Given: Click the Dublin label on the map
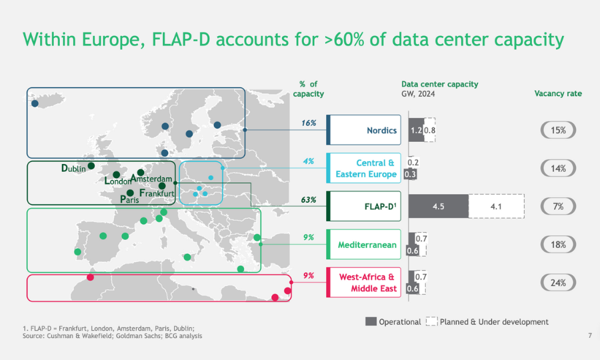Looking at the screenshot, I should (x=73, y=169).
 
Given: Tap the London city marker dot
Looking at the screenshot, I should (x=117, y=175).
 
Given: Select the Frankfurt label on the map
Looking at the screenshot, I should (x=157, y=193).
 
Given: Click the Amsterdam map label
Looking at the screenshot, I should (x=152, y=179).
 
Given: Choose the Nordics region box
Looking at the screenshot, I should (x=363, y=130).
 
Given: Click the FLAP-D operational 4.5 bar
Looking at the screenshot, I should (x=438, y=207).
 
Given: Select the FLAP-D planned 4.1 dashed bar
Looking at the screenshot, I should (x=495, y=207).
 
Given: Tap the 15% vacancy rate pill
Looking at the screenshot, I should (x=558, y=130).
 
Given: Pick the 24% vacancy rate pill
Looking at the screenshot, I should (x=558, y=283).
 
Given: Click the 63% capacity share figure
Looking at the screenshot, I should (x=309, y=199).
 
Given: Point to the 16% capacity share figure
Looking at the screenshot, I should (x=309, y=123).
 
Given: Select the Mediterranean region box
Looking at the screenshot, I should (x=363, y=245).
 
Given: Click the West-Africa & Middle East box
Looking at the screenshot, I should (x=363, y=283).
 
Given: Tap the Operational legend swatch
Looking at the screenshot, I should (x=371, y=321).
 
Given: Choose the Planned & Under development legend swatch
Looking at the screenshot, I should (x=431, y=321).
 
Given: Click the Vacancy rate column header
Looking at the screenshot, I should (x=558, y=93).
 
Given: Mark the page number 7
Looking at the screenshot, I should (x=590, y=335).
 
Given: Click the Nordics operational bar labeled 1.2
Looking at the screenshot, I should (x=415, y=130).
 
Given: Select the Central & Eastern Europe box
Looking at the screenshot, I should (x=363, y=169).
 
